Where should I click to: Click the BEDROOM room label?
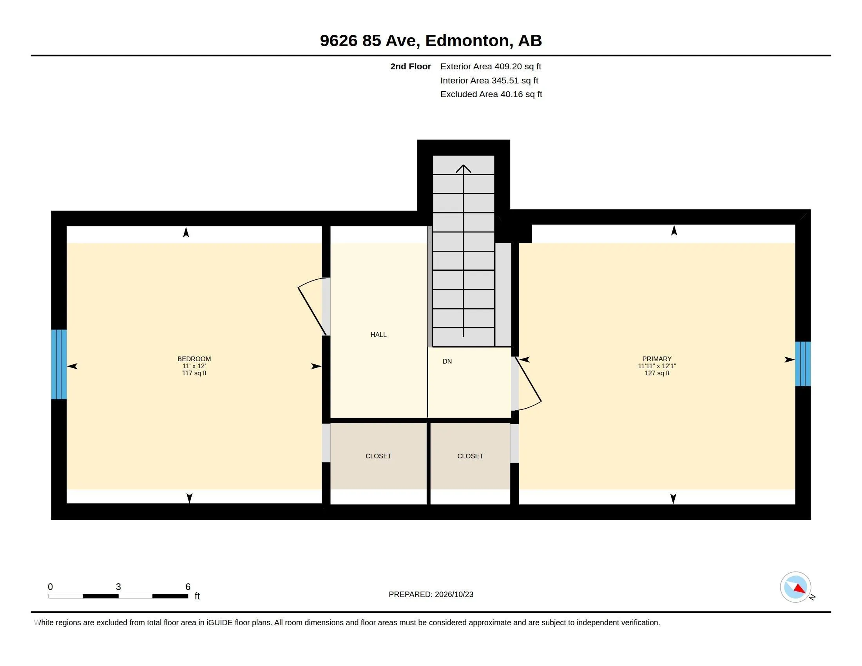[x=194, y=358]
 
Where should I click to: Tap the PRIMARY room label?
[x=657, y=358]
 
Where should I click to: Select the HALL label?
[x=378, y=335]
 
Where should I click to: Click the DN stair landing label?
[x=447, y=361]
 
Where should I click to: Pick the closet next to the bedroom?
[x=378, y=456]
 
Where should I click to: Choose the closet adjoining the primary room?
[x=470, y=456]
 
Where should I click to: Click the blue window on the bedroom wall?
[x=59, y=364]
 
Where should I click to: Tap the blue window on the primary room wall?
[x=803, y=364]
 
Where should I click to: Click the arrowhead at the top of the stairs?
[x=464, y=168]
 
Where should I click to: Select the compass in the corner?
[x=795, y=587]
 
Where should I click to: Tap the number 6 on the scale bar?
[x=188, y=587]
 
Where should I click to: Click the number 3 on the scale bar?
[x=118, y=587]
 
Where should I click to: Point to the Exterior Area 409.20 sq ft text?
[x=491, y=66]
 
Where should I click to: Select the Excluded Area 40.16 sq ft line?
[x=491, y=94]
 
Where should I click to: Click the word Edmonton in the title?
[x=467, y=41]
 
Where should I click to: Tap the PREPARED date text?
[x=431, y=594]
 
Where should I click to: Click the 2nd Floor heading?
[x=411, y=66]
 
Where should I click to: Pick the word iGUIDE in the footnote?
[x=219, y=623]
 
